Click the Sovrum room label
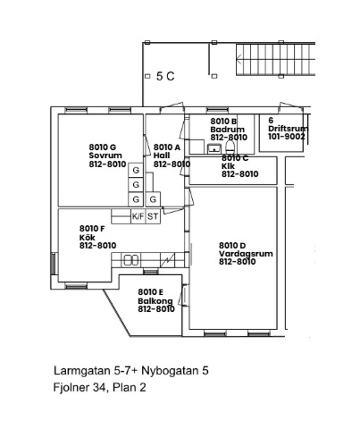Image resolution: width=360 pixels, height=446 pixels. pos(107,155)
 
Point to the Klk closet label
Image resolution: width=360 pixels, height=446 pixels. pos(239,166)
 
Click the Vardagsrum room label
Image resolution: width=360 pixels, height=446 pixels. pos(245,253)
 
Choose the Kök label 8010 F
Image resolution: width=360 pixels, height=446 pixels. pos(97,237)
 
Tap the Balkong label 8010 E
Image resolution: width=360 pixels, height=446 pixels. pos(156,301)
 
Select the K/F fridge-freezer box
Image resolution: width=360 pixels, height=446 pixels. pos(138,217)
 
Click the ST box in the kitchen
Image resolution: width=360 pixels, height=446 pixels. pos(153,217)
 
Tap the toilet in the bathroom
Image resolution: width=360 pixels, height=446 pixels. pos(230,146)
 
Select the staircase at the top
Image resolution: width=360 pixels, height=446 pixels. pos(275,60)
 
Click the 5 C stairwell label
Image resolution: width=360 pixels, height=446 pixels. pos(165,76)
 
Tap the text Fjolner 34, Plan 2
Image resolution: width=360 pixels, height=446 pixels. pos(100,388)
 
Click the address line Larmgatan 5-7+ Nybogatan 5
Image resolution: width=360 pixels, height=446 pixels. pos(131,371)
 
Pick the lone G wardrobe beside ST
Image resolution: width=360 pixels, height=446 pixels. pos(153,199)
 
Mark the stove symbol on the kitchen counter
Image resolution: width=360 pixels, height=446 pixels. pos(167,260)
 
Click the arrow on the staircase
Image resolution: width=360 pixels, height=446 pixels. pos(239,59)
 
